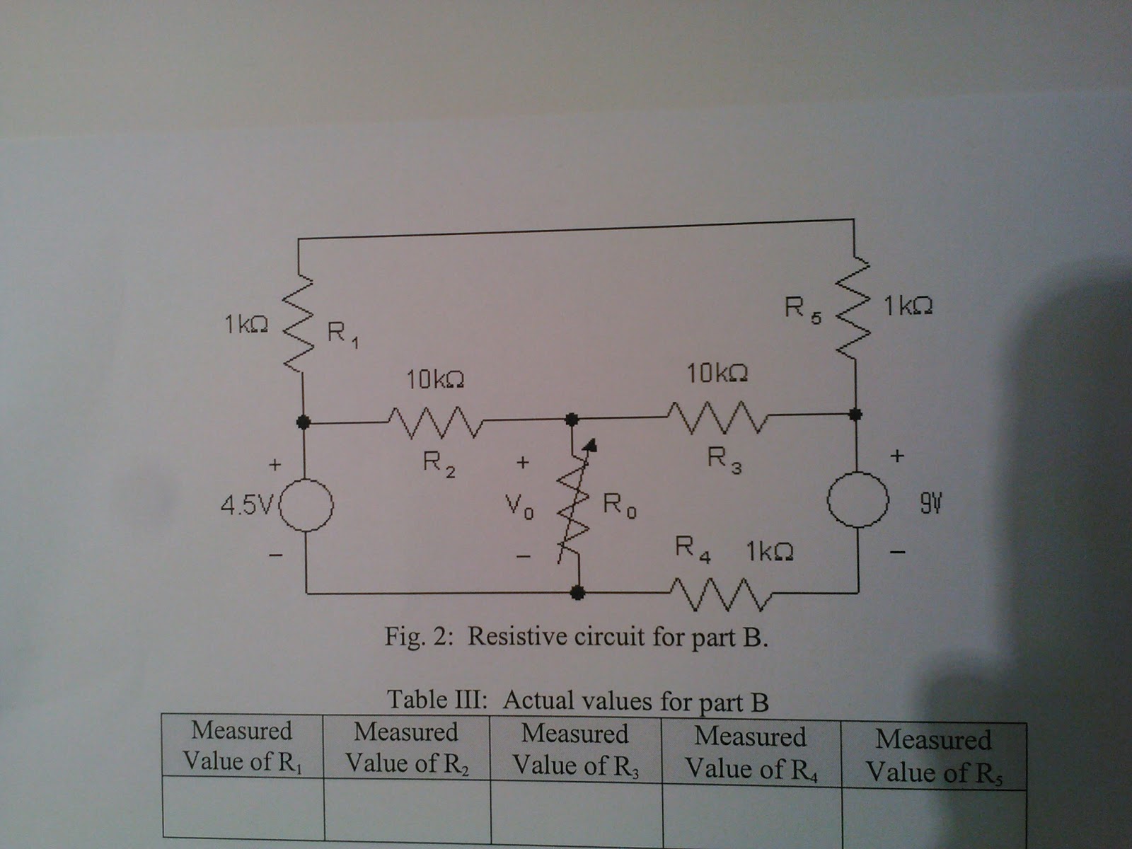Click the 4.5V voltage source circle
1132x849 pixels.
click(306, 505)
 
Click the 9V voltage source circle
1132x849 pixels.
click(857, 499)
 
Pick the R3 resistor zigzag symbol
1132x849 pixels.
click(716, 416)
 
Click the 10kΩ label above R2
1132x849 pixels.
click(435, 381)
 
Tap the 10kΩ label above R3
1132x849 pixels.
click(717, 373)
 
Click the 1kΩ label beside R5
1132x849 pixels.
click(908, 306)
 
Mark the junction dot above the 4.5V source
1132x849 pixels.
click(304, 422)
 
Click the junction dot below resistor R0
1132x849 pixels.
click(578, 592)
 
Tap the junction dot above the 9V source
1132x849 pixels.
click(855, 413)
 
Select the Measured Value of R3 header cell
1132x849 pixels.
click(575, 749)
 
